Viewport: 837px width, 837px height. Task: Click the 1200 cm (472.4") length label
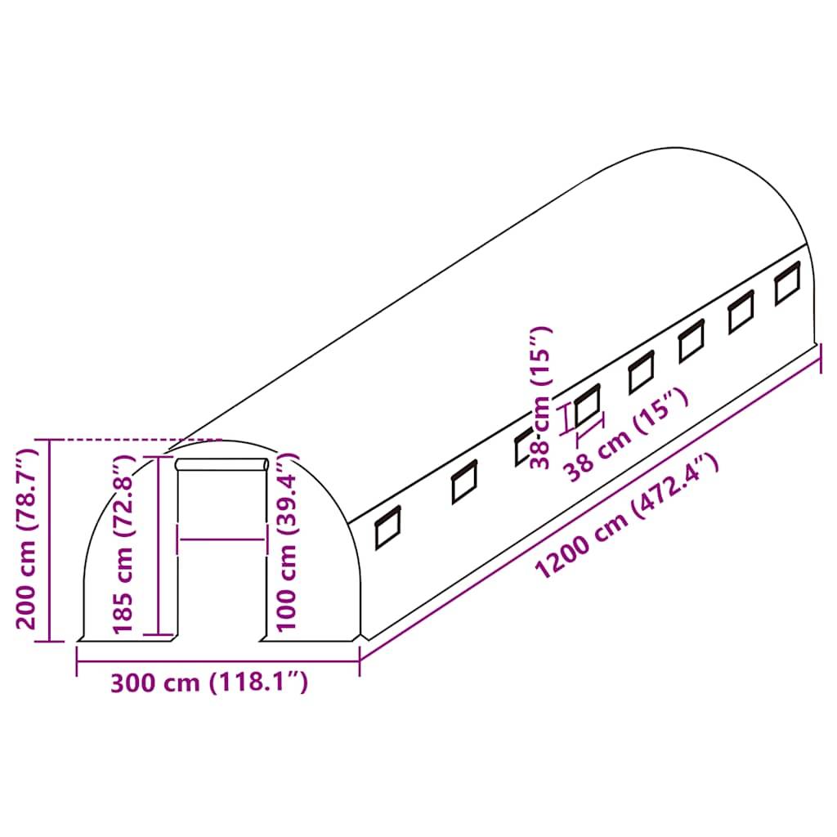(627, 517)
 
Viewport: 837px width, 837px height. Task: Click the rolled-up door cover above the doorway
(222, 465)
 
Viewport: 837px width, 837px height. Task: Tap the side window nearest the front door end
(387, 527)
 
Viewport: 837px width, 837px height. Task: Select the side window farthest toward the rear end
(787, 283)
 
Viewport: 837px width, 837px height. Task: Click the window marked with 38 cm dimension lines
(586, 406)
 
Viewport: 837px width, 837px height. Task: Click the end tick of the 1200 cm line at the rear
(819, 357)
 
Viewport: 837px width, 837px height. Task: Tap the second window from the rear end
(741, 312)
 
